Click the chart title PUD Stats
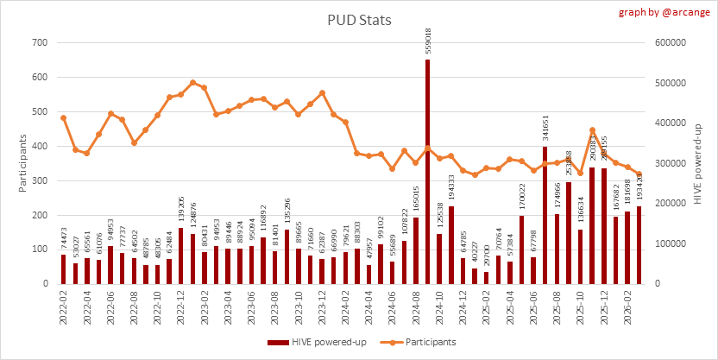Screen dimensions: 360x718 (x=359, y=19)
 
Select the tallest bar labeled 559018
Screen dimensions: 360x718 (x=427, y=173)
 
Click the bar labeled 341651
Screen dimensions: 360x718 (x=545, y=216)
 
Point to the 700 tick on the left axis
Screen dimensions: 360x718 (x=41, y=43)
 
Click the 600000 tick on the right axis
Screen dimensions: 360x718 (x=672, y=43)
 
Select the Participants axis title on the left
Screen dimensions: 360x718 (x=24, y=163)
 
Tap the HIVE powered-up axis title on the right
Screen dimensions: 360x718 (x=696, y=163)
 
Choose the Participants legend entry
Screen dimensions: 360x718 (x=416, y=342)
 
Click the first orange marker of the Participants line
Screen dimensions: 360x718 (x=64, y=117)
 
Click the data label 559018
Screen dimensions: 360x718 (x=428, y=39)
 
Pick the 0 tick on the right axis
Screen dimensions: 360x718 (x=658, y=284)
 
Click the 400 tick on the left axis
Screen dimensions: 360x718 (x=41, y=146)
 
